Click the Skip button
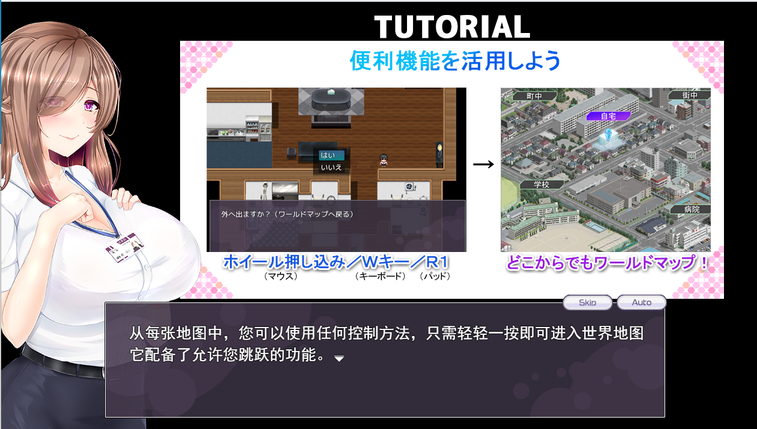click(x=587, y=302)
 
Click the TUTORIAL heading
click(x=451, y=26)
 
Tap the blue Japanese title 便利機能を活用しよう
click(x=454, y=60)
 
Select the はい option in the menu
click(x=328, y=155)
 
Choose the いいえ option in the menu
click(x=331, y=167)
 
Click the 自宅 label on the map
click(x=608, y=116)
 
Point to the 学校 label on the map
click(x=541, y=185)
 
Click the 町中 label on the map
click(x=534, y=95)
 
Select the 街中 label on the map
click(x=690, y=95)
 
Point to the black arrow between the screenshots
click(x=483, y=164)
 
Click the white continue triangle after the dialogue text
click(x=339, y=358)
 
